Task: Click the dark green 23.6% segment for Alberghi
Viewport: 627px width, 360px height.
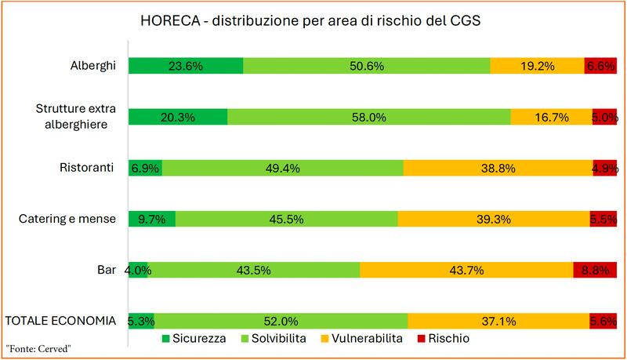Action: pos(186,66)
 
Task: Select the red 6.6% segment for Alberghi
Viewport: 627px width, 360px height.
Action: pos(600,66)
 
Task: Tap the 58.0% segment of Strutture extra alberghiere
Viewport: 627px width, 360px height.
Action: pos(369,117)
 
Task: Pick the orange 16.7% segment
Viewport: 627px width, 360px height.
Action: pos(552,117)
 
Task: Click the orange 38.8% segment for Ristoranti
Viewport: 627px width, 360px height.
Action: pos(498,168)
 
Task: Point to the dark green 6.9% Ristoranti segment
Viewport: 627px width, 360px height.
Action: pos(145,168)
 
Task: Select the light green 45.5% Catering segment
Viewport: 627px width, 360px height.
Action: pos(287,219)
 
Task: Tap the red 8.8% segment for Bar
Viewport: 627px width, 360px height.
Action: pos(596,270)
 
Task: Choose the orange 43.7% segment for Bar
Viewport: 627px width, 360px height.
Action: pos(466,270)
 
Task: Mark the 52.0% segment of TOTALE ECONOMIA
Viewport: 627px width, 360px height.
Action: pos(281,322)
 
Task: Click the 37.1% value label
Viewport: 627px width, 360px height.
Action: pos(498,322)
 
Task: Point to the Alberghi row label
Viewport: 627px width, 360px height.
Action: pos(93,65)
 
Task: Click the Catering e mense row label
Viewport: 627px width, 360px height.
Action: pos(67,219)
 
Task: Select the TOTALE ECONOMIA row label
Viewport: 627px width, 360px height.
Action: pos(60,321)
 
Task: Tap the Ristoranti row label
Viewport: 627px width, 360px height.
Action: pos(87,167)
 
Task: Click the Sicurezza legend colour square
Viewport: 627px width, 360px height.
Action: pos(165,339)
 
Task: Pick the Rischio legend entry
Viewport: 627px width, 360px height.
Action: pos(444,338)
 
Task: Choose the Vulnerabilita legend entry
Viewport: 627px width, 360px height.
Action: pos(362,338)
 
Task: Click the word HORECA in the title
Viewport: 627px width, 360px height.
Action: pos(170,21)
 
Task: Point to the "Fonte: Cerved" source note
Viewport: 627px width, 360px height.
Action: pos(38,349)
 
